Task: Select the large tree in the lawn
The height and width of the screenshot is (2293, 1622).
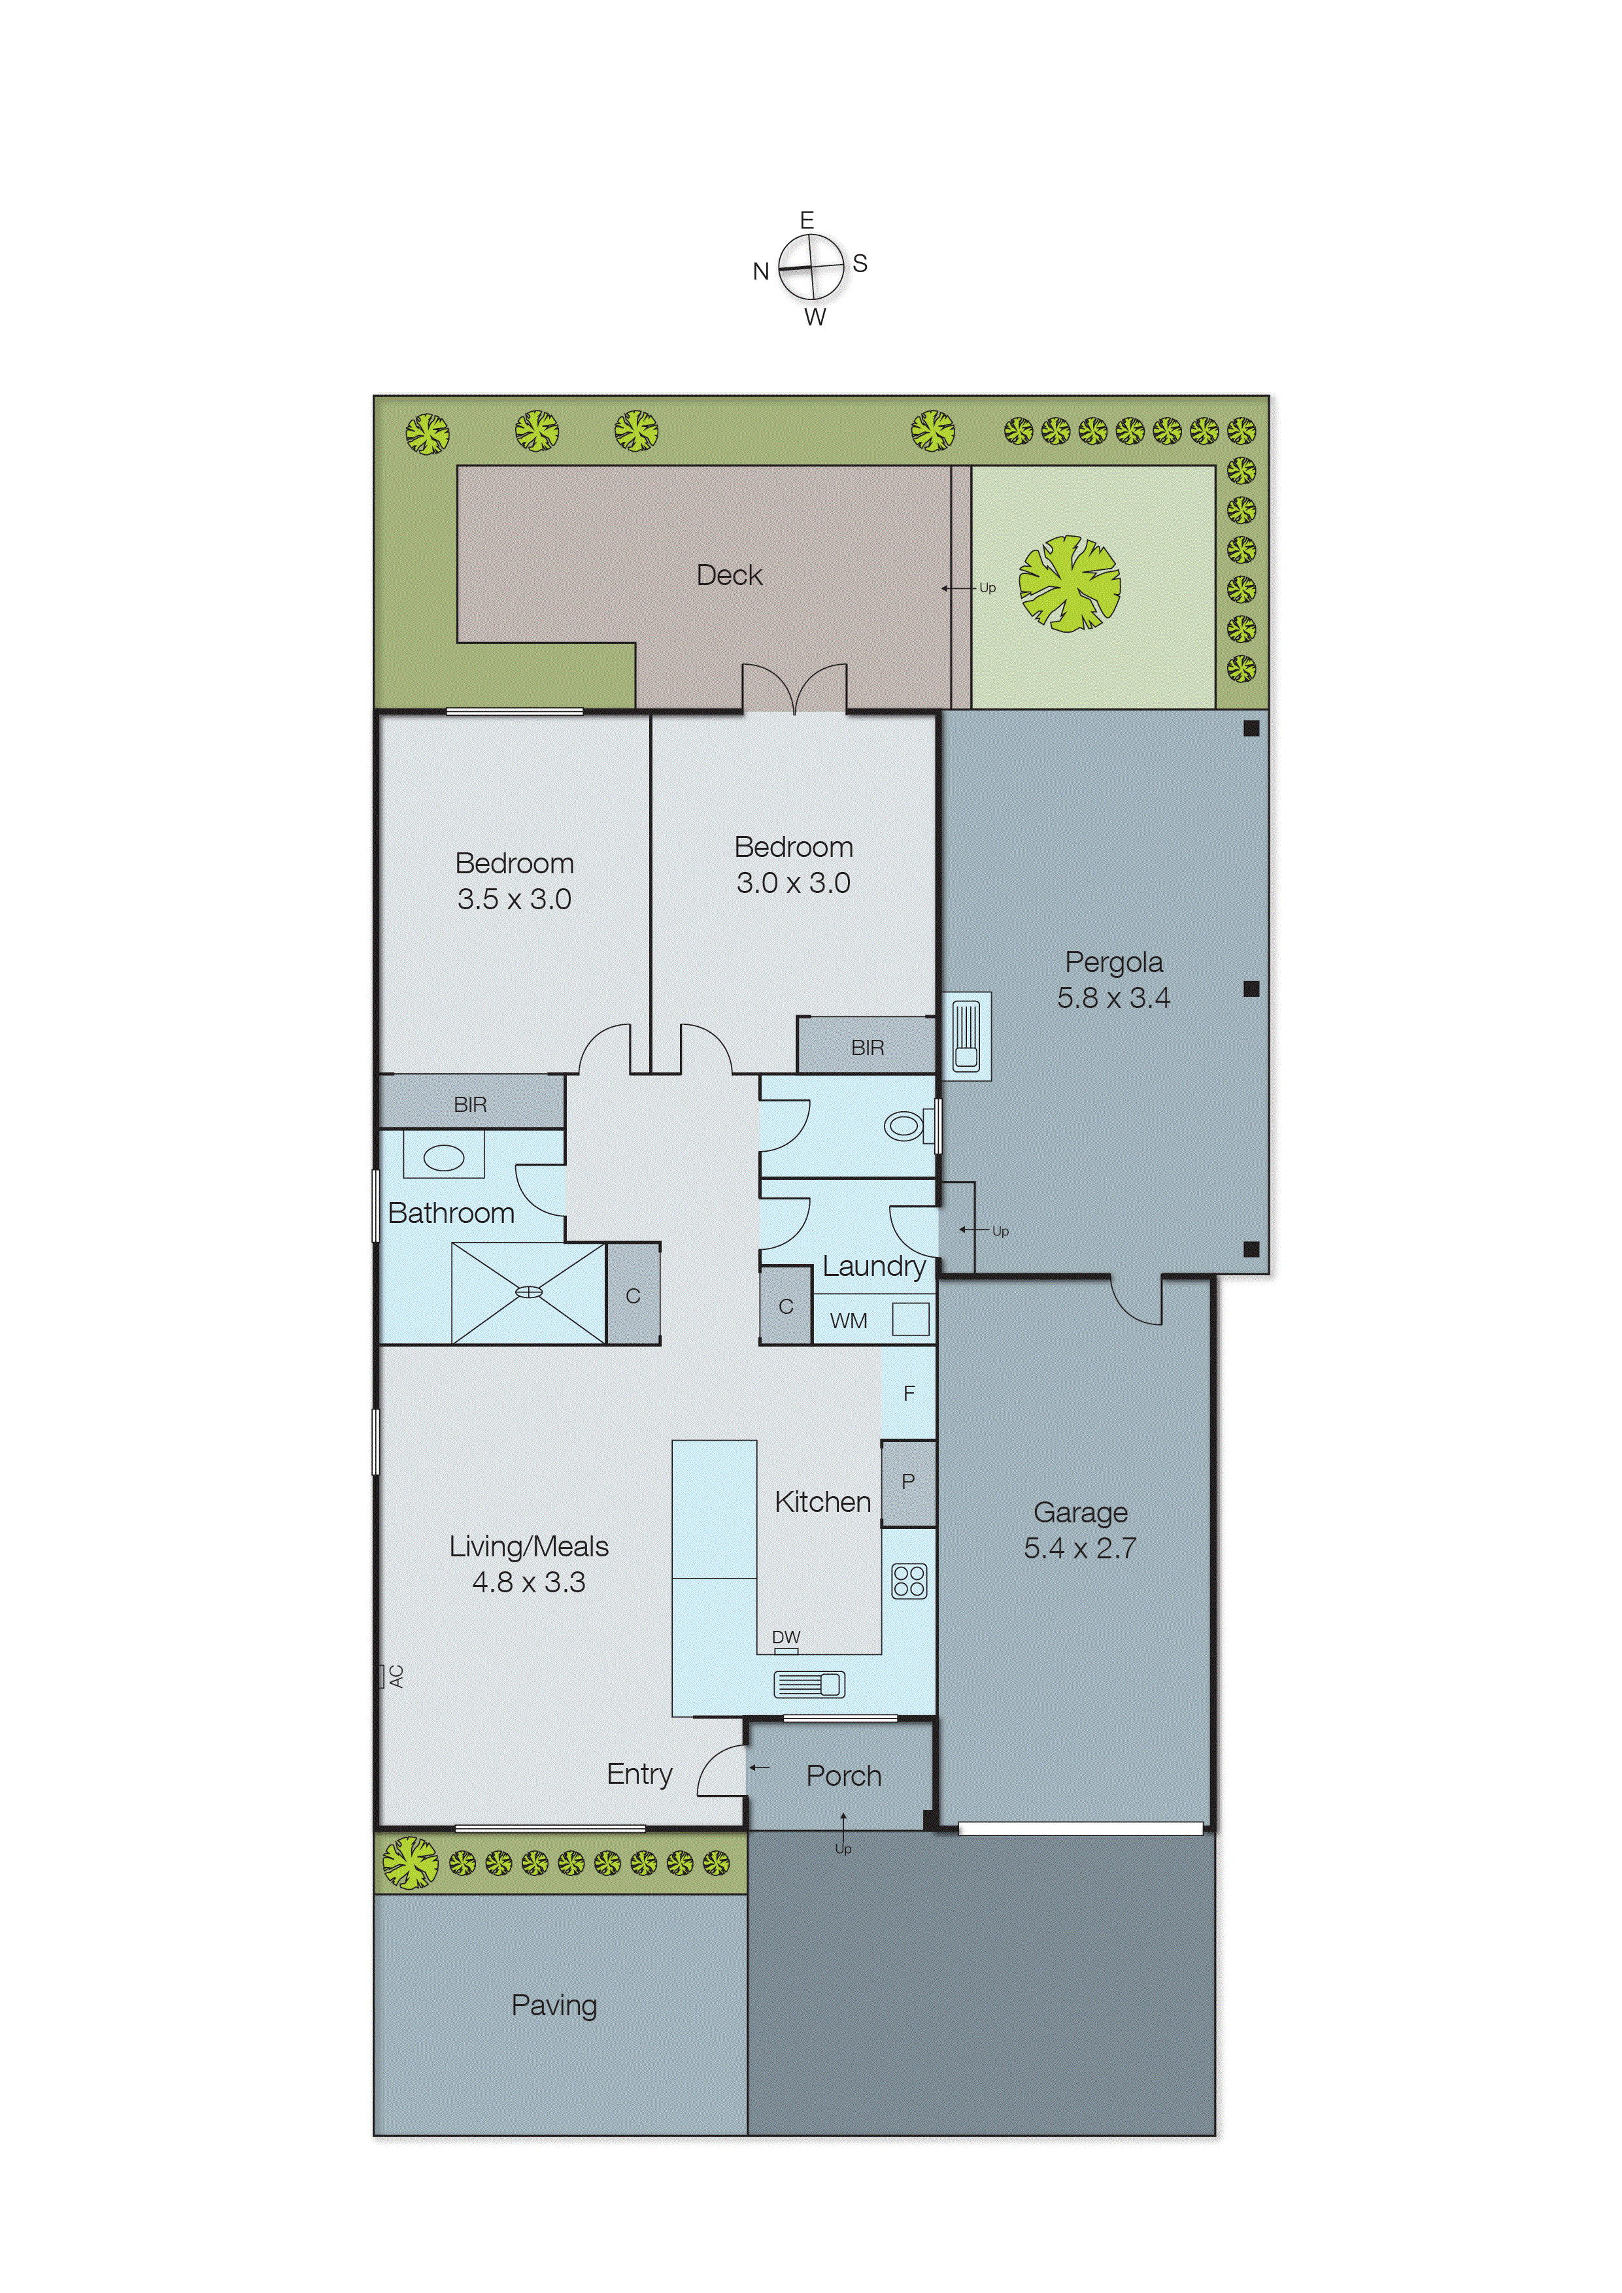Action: (1069, 584)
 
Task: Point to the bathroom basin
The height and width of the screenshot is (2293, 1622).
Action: (443, 1158)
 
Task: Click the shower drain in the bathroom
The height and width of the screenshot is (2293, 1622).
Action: (528, 1292)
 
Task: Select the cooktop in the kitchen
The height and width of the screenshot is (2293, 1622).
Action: (909, 1581)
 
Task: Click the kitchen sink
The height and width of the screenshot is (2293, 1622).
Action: (809, 1685)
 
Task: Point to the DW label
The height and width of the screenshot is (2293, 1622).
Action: (786, 1637)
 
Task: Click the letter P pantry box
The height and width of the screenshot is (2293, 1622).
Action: (908, 1482)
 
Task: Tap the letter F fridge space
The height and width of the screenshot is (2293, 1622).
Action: (909, 1393)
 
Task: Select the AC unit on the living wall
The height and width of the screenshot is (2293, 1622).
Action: (382, 1676)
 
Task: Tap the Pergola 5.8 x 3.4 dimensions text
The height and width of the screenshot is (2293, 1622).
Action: (1113, 997)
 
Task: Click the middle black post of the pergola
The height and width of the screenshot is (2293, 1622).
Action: (1251, 989)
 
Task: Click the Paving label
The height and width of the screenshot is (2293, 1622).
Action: (554, 2005)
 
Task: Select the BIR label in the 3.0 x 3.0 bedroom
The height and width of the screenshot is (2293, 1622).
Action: (867, 1048)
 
